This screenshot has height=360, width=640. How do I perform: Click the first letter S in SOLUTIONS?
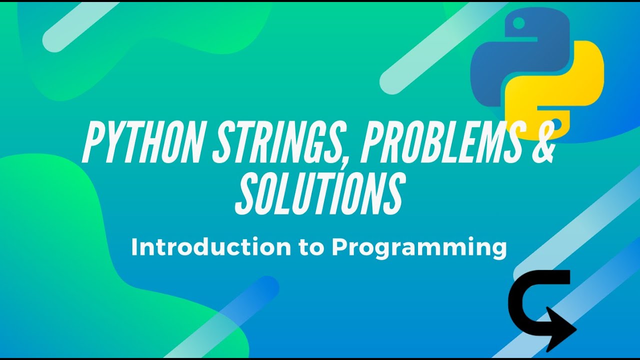click(245, 193)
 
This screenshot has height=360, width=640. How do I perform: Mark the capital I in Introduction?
click(134, 247)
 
